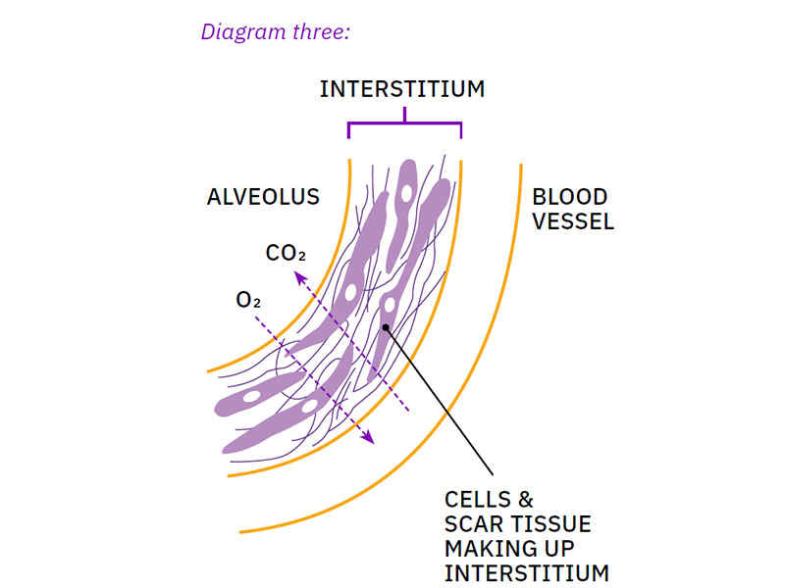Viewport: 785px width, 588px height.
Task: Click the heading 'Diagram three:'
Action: (x=275, y=31)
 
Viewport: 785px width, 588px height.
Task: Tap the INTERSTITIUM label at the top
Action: (x=402, y=89)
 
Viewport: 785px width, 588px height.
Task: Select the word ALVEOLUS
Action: (x=263, y=197)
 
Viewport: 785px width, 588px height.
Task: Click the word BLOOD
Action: (x=570, y=197)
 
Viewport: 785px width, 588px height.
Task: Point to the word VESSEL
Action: (x=573, y=221)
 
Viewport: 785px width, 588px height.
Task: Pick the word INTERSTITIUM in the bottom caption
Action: (x=526, y=572)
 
